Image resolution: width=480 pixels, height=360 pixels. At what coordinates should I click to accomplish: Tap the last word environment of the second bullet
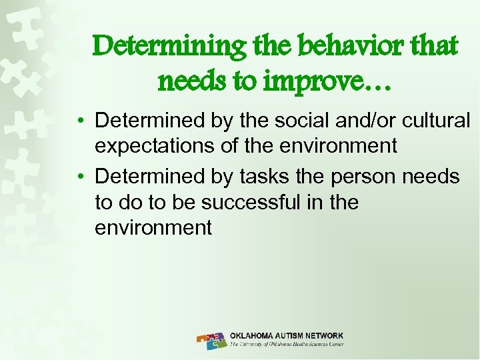point(153,228)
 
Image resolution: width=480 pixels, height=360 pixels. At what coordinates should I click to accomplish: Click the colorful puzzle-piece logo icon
point(212,341)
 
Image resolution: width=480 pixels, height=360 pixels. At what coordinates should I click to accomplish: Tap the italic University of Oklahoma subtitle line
point(287,345)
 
